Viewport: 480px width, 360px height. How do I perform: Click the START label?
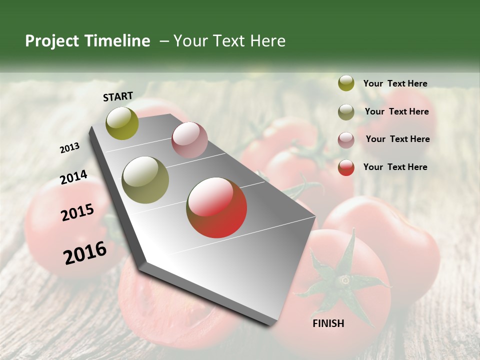(x=118, y=96)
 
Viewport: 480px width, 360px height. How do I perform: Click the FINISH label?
(x=328, y=323)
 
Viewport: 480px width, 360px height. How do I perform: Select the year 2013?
(x=69, y=148)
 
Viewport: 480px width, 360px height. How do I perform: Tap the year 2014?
(x=73, y=177)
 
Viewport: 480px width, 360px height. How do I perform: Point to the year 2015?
(x=77, y=212)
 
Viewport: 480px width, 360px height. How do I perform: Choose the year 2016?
(x=85, y=252)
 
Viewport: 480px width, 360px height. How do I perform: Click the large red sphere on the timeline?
(x=216, y=207)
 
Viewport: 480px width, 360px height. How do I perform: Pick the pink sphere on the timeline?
(x=189, y=140)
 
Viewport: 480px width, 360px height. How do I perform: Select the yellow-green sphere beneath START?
(x=122, y=123)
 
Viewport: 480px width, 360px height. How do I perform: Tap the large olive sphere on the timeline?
(x=145, y=180)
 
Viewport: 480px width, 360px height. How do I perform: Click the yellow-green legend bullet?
(x=346, y=83)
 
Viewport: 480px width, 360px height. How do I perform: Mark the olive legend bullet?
(x=346, y=112)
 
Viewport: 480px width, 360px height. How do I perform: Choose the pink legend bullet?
(x=346, y=139)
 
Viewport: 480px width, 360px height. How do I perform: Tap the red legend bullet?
(x=346, y=167)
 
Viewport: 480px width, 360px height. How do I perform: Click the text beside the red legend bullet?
(x=395, y=167)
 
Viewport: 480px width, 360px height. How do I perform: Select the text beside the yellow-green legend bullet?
(x=395, y=83)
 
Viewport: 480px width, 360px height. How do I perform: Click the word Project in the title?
(x=52, y=41)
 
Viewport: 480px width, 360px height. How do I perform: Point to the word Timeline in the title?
(x=117, y=41)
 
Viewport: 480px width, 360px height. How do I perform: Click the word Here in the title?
(x=267, y=41)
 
